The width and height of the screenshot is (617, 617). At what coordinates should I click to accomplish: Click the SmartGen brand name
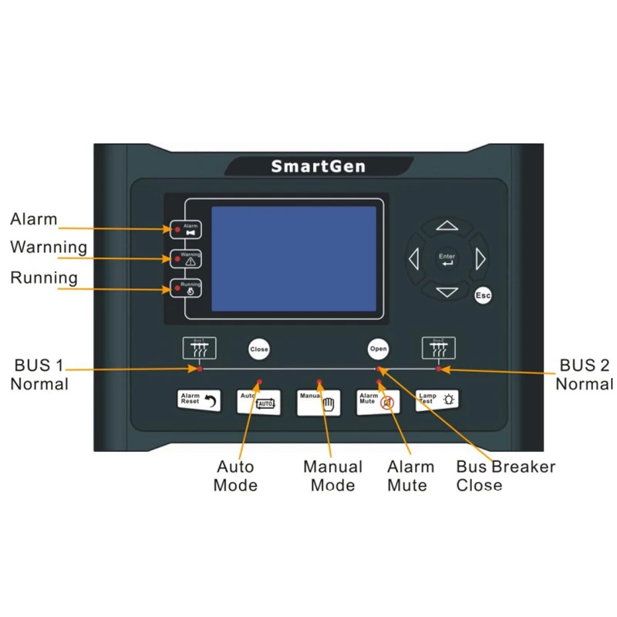pyautogui.click(x=317, y=166)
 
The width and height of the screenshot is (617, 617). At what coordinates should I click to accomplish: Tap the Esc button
pyautogui.click(x=483, y=295)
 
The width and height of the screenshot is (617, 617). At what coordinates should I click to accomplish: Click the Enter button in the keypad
pyautogui.click(x=447, y=259)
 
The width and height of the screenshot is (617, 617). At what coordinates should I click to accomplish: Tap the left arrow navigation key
pyautogui.click(x=413, y=259)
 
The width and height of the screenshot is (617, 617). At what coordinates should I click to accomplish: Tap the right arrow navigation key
pyautogui.click(x=481, y=259)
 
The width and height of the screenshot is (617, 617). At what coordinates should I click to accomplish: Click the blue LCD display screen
pyautogui.click(x=294, y=258)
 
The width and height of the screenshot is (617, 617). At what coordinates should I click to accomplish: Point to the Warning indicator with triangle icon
pyautogui.click(x=186, y=258)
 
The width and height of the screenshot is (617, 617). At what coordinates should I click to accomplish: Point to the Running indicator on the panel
pyautogui.click(x=186, y=288)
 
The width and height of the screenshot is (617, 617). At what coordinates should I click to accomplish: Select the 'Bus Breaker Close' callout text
pyautogui.click(x=505, y=476)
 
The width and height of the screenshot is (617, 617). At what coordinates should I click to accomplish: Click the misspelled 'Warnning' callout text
pyautogui.click(x=48, y=247)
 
